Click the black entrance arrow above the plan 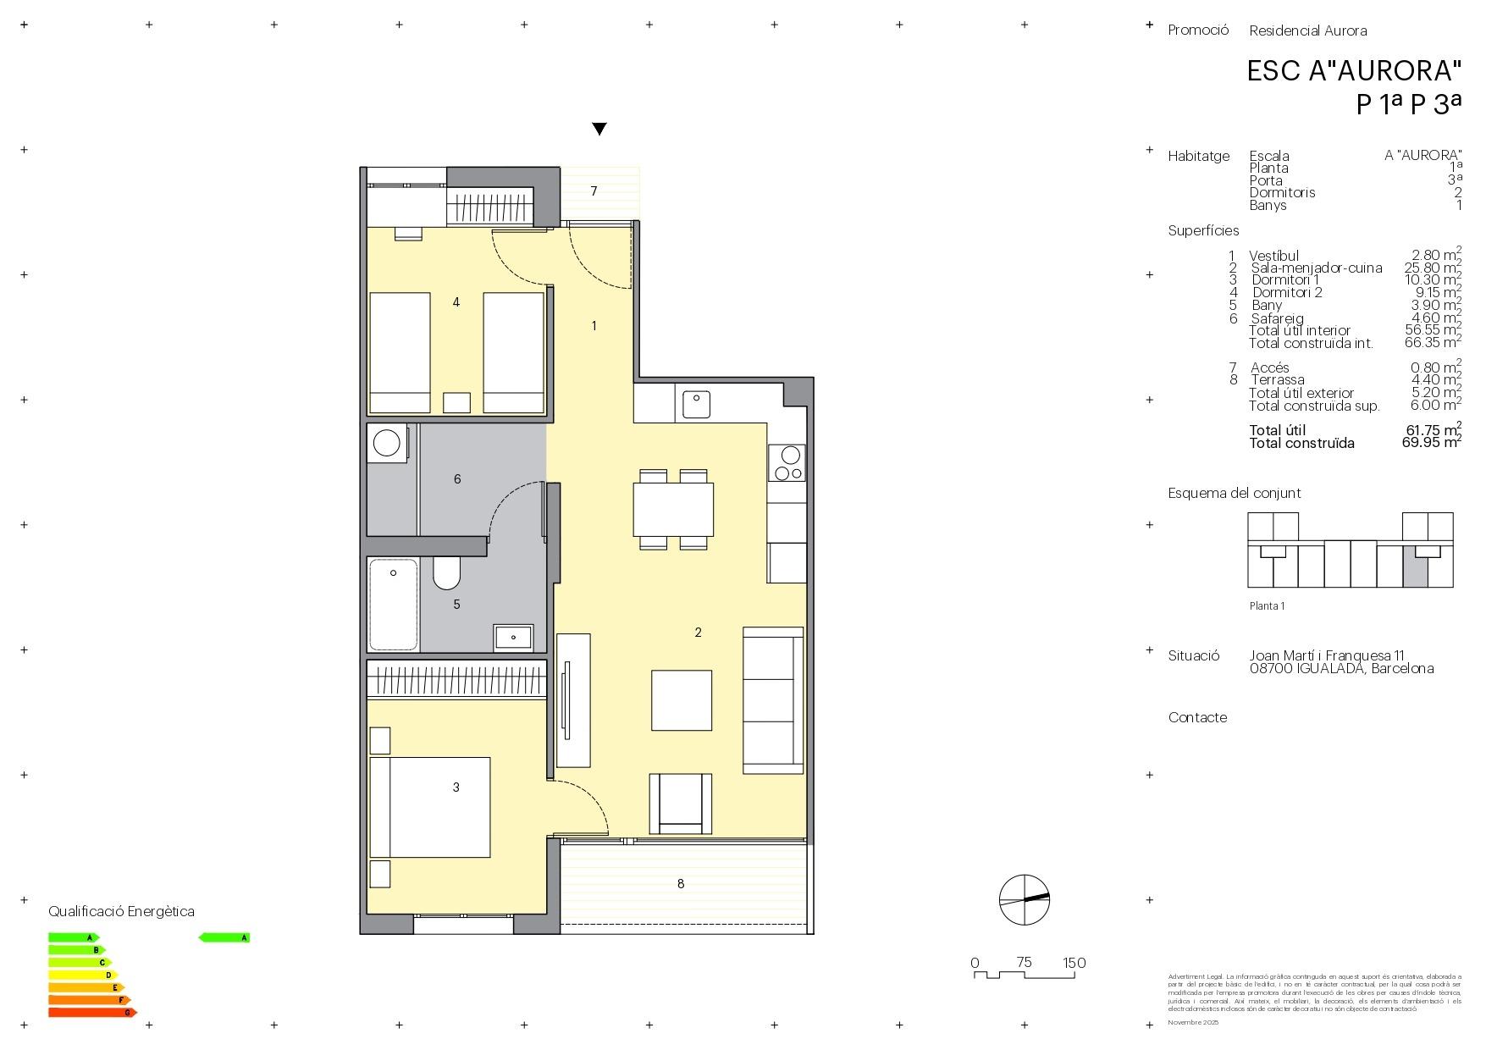599,129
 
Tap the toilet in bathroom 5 446,573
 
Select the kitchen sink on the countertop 697,405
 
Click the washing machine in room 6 387,443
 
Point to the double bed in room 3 430,807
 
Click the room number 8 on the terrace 681,883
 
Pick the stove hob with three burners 787,462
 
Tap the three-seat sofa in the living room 772,699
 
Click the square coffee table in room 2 681,699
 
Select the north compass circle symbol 1024,899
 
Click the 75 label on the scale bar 1024,962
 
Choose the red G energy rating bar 91,1012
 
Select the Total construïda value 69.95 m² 1431,442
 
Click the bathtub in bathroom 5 394,604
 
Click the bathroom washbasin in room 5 514,636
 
